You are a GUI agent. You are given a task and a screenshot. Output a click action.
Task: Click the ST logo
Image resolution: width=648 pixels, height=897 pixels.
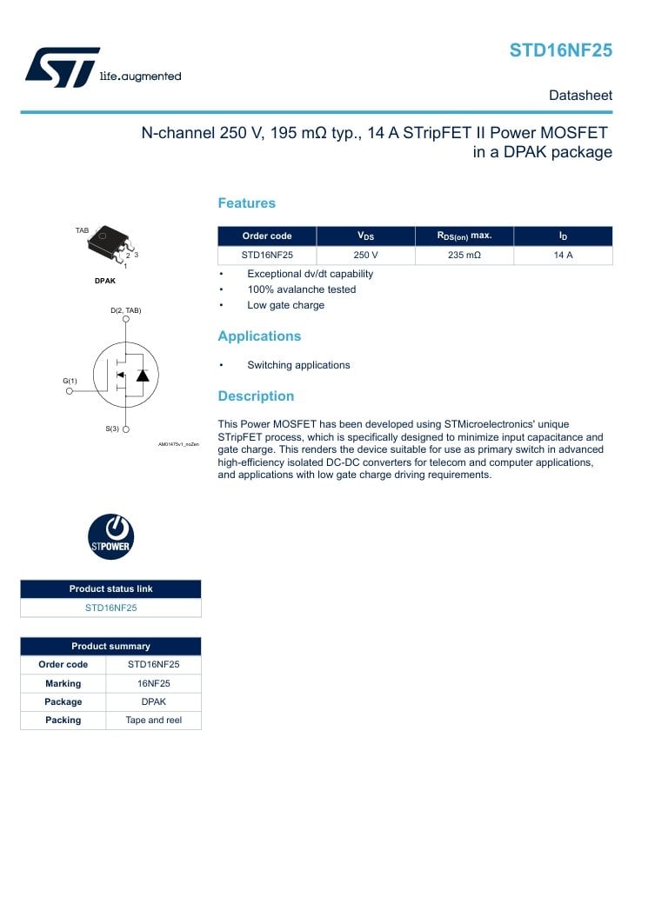coord(61,67)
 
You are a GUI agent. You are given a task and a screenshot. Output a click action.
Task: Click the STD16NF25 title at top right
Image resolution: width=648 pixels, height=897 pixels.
coord(560,50)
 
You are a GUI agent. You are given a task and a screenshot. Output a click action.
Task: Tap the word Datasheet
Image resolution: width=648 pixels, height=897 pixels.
coord(580,96)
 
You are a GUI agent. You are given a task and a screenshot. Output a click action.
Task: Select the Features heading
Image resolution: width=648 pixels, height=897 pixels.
coord(246,203)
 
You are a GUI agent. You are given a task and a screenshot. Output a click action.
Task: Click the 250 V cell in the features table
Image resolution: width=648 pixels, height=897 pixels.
coord(365,256)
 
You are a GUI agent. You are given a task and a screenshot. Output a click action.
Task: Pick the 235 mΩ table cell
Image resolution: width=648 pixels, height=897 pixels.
coord(464,256)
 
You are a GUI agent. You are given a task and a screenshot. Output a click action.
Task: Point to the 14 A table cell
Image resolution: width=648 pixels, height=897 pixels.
coord(563,256)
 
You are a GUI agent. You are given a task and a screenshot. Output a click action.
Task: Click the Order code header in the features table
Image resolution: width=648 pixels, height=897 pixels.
coord(267,236)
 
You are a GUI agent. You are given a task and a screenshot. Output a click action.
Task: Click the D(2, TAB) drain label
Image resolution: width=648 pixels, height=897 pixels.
coord(125,310)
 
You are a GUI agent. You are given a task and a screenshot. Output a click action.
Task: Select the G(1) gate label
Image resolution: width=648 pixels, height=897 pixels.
coord(70,381)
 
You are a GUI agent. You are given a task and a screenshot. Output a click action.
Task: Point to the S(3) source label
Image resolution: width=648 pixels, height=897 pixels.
coord(111,429)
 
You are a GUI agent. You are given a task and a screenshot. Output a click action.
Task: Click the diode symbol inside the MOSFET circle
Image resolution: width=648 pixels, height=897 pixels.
coord(143,375)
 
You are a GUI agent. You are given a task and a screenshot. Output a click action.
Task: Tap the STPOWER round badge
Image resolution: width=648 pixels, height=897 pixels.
coord(111,536)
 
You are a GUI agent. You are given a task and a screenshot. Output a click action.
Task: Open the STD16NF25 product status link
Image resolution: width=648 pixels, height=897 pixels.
coord(110,608)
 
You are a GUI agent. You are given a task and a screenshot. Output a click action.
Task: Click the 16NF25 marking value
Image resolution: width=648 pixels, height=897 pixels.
coord(153,683)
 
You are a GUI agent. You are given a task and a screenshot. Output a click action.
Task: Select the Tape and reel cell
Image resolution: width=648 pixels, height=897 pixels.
coord(153,720)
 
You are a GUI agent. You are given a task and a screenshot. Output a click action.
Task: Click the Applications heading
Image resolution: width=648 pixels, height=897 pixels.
coord(259,336)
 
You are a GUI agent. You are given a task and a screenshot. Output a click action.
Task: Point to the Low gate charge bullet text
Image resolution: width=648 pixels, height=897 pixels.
coord(285,305)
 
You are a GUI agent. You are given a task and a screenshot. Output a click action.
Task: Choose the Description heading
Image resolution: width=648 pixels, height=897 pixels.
coord(256,396)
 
